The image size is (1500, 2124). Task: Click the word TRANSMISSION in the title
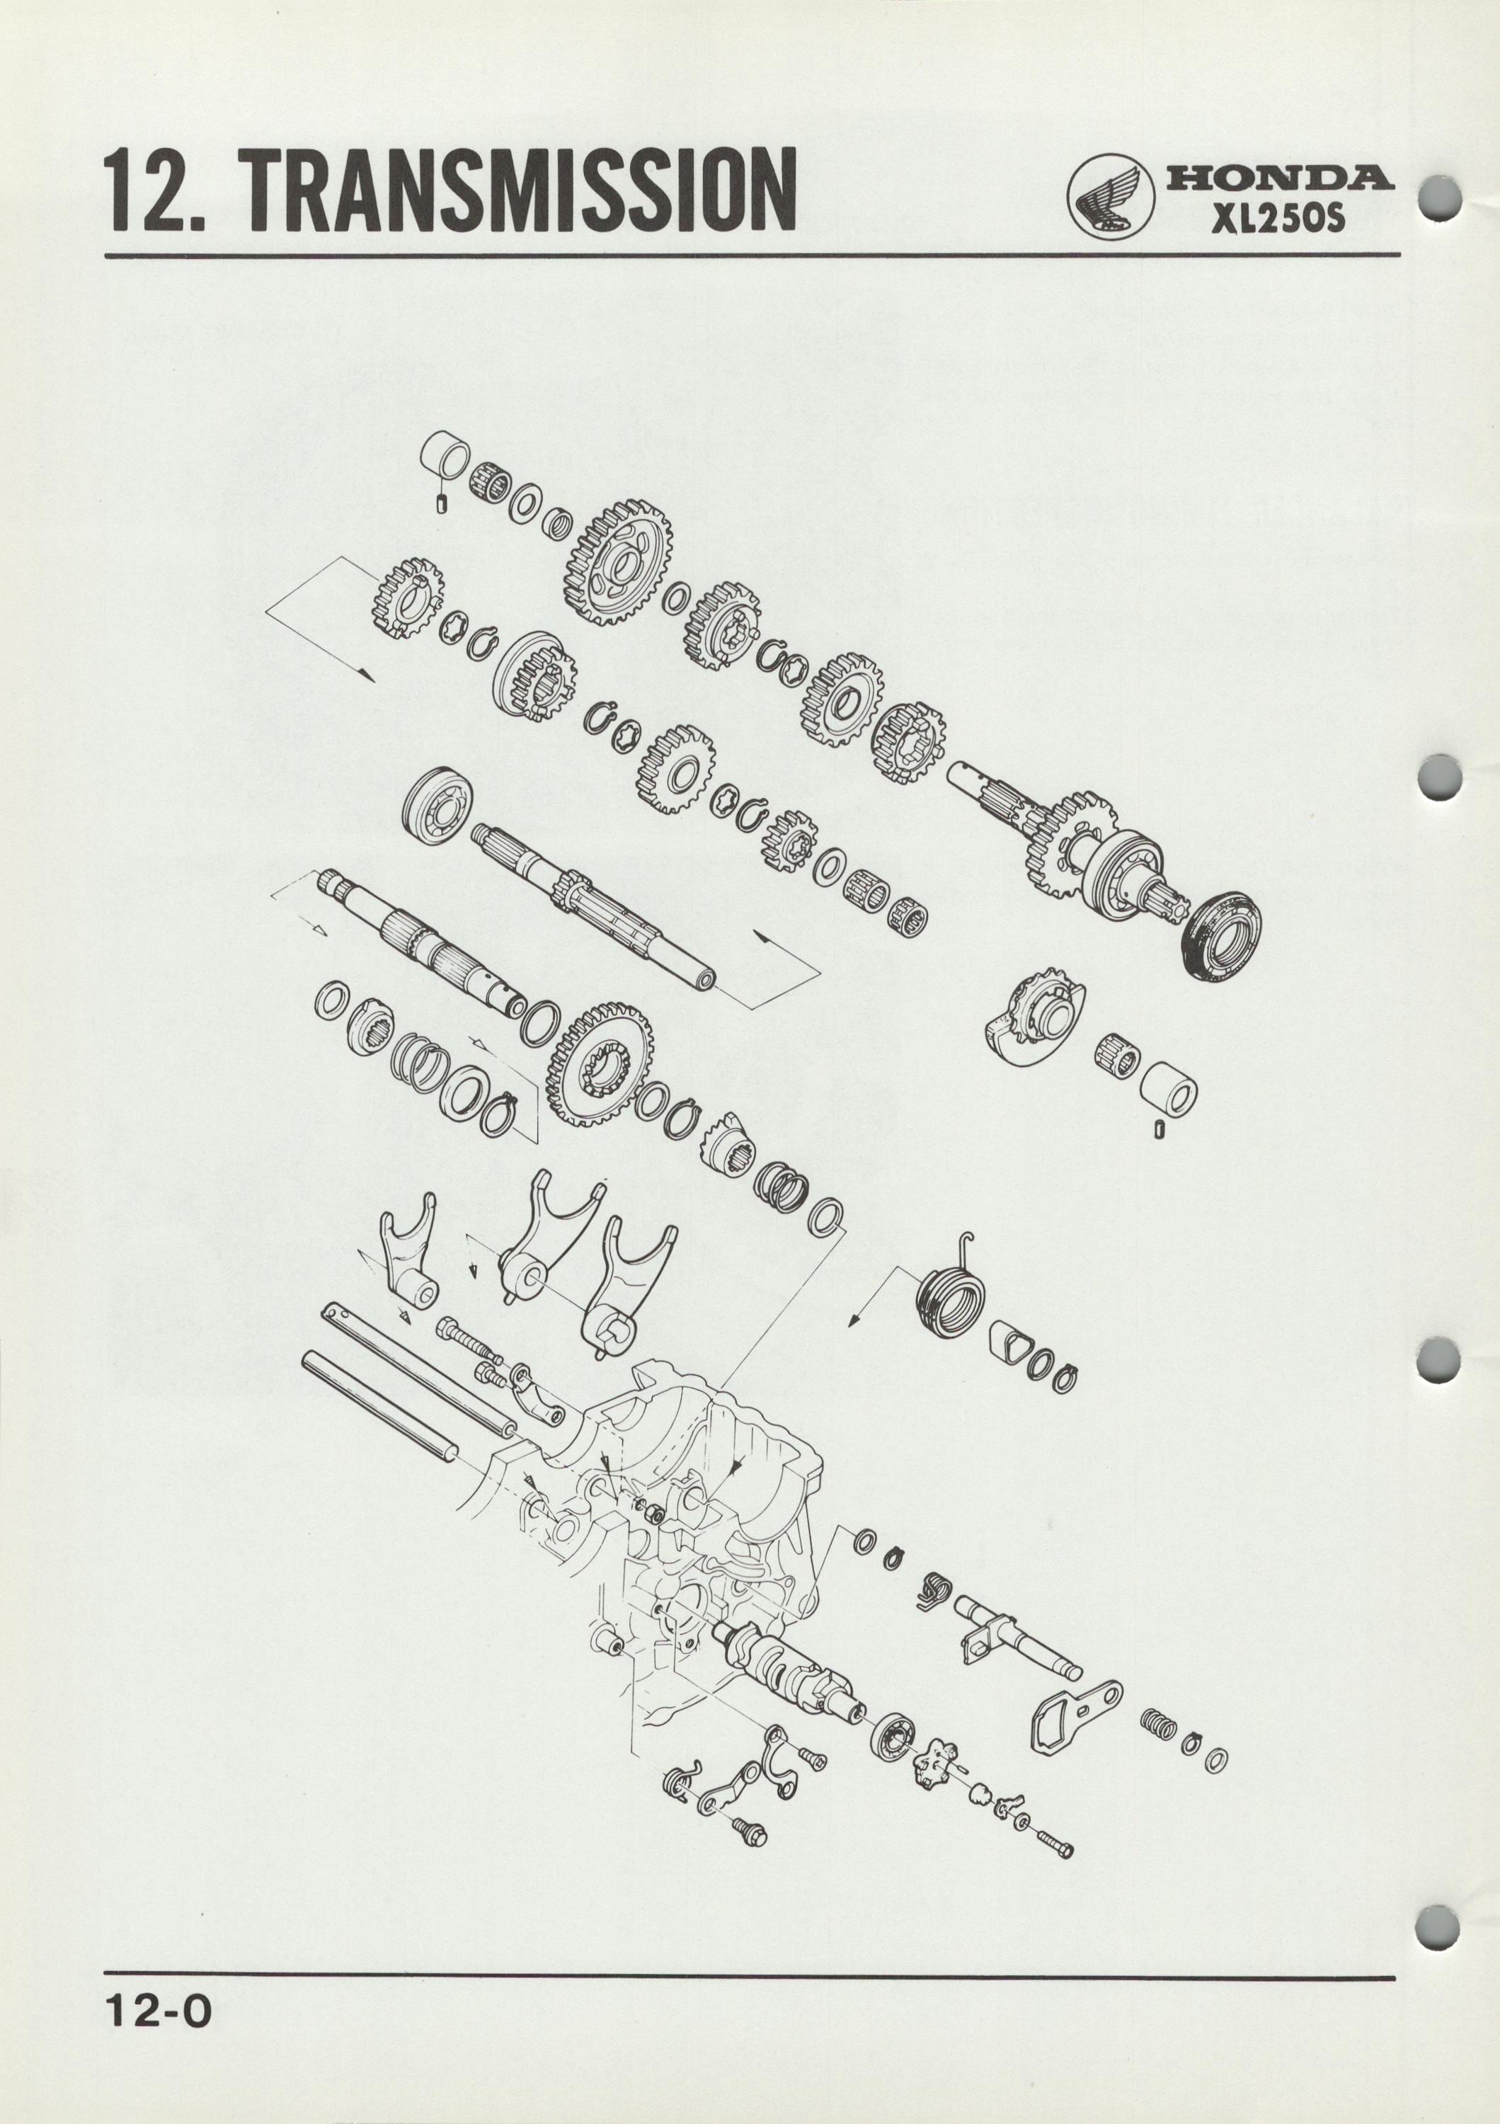pos(522,191)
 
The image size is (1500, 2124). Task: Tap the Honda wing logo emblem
pos(1111,197)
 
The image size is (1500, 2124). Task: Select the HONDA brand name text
pos(1281,178)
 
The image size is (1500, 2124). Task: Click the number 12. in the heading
pos(167,191)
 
